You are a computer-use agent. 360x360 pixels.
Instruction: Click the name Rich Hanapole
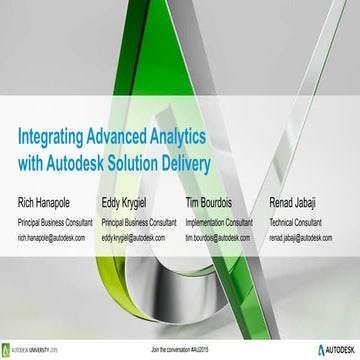[x=49, y=204]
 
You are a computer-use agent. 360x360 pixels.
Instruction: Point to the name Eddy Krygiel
[x=131, y=204]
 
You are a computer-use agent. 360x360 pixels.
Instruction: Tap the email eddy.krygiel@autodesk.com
[x=137, y=240]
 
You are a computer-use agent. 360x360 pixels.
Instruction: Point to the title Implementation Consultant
[x=225, y=223]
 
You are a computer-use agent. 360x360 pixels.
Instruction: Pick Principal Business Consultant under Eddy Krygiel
[x=139, y=223]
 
